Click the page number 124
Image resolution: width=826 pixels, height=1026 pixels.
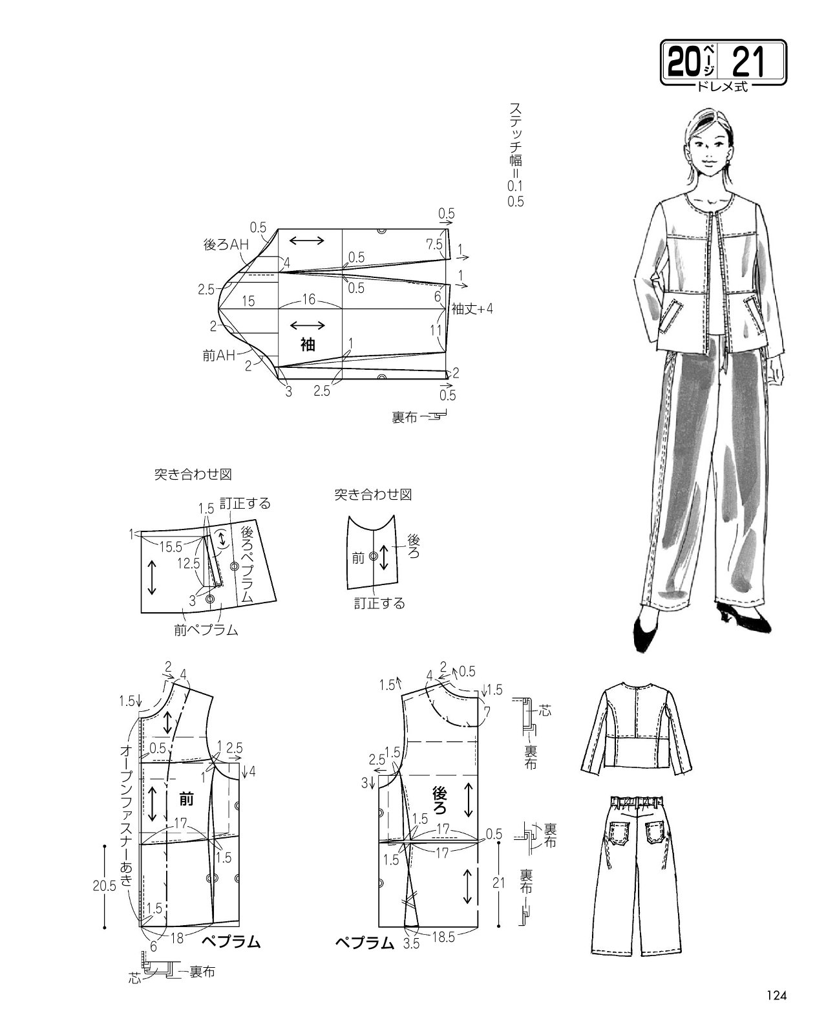776,994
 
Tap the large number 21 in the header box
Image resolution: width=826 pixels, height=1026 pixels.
747,62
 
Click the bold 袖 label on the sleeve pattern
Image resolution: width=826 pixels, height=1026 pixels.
308,344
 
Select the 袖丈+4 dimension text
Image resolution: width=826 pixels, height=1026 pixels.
472,309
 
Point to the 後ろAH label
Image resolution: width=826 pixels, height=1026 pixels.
226,244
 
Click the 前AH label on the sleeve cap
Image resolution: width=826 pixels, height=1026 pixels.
218,355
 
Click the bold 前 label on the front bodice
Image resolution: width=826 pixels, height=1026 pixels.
186,798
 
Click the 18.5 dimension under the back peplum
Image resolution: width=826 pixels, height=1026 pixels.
443,937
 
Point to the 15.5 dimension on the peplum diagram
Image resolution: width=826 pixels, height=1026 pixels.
171,547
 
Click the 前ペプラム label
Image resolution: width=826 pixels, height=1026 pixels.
206,630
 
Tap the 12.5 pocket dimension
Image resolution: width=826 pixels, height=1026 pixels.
189,564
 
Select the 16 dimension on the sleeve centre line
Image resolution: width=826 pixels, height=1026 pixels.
309,299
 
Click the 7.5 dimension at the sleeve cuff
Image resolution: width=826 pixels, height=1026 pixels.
434,244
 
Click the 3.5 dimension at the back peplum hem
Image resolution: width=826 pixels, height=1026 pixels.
411,943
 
